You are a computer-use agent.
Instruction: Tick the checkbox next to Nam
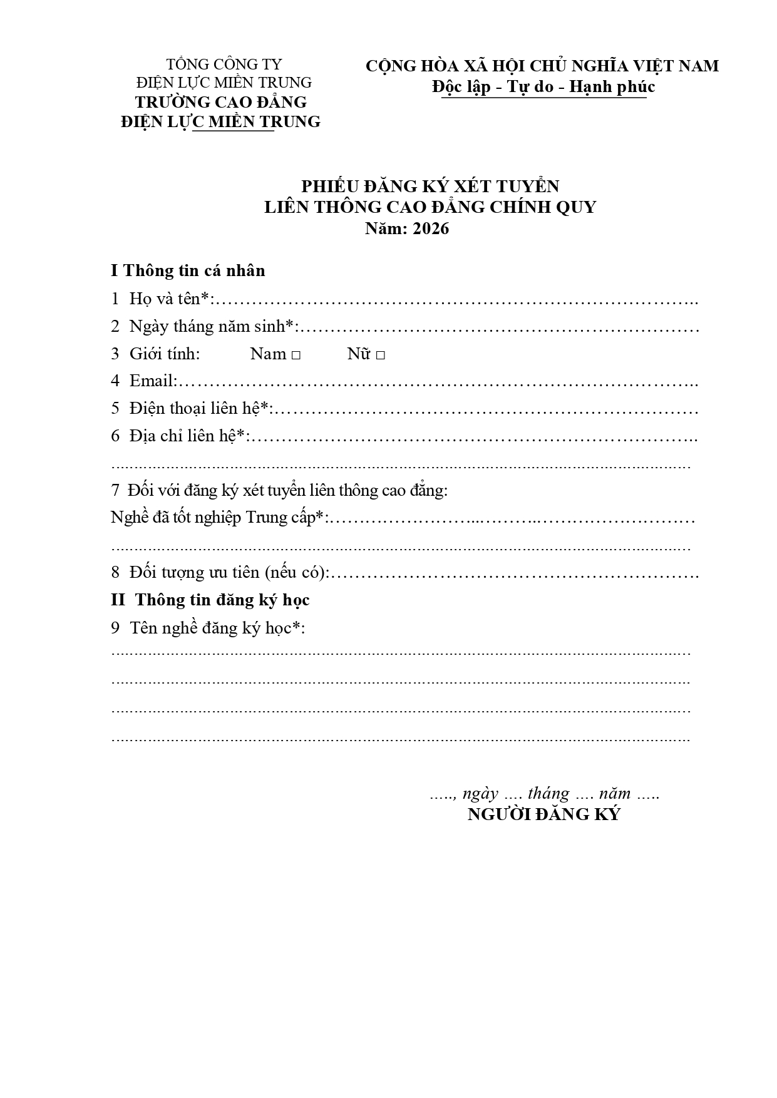[296, 355]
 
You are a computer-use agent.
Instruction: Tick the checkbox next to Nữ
[380, 355]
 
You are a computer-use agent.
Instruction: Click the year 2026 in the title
[431, 228]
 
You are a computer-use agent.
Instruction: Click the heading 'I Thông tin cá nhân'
[188, 270]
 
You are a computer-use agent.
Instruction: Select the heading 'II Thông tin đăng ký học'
[210, 600]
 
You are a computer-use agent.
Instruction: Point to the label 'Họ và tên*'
[168, 299]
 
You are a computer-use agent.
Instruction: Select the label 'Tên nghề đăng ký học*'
[216, 627]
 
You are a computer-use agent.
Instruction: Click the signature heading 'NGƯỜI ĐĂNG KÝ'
[543, 814]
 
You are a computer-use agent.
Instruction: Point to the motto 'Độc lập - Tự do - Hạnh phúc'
[543, 86]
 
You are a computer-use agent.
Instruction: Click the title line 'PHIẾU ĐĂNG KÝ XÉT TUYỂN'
[430, 187]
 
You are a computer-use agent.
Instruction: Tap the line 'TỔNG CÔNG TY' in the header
[224, 64]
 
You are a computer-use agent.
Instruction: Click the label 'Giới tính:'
[164, 354]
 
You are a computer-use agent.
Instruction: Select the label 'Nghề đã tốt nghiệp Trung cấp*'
[219, 518]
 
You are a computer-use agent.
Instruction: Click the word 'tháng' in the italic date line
[548, 794]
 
